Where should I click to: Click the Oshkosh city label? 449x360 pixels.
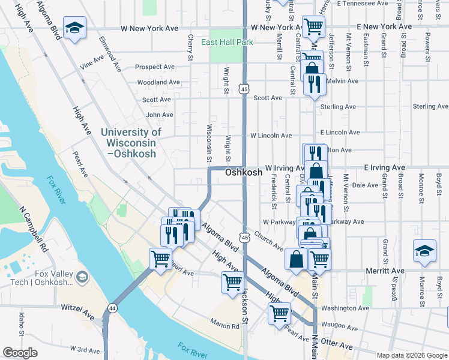pyautogui.click(x=244, y=172)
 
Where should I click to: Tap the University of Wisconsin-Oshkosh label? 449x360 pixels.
pyautogui.click(x=131, y=143)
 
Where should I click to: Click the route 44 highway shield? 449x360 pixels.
pyautogui.click(x=112, y=308)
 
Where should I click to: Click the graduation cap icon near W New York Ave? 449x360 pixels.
pyautogui.click(x=74, y=28)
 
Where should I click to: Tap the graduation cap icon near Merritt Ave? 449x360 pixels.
pyautogui.click(x=424, y=251)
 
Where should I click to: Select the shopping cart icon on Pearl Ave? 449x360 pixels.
pyautogui.click(x=160, y=260)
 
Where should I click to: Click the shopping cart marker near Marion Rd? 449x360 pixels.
pyautogui.click(x=232, y=282)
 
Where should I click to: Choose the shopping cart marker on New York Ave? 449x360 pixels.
pyautogui.click(x=313, y=26)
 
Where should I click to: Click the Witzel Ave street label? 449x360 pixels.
pyautogui.click(x=78, y=307)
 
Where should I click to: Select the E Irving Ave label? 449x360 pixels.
pyautogui.click(x=384, y=168)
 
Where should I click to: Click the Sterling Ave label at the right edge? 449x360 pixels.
pyautogui.click(x=430, y=107)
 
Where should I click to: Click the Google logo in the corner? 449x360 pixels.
pyautogui.click(x=20, y=353)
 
